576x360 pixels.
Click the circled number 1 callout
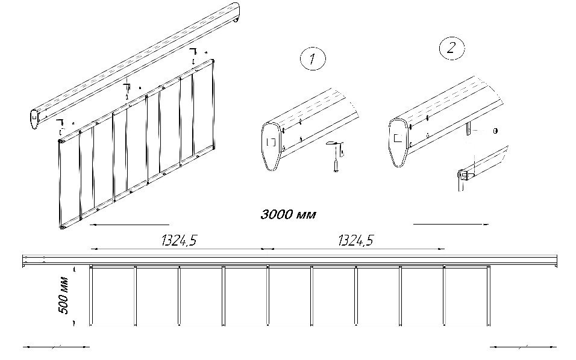coord(313,59)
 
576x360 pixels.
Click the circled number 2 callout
coord(451,48)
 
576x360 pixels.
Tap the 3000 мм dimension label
coord(288,214)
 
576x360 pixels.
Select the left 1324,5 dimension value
coord(179,240)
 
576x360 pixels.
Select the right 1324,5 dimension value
coord(355,240)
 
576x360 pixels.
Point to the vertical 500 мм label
coord(64,295)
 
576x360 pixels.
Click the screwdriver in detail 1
coord(336,157)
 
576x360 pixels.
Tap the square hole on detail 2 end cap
coord(398,138)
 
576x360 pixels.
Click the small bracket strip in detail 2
coord(469,129)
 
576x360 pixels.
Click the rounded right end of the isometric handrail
coord(236,13)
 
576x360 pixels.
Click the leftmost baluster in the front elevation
coord(91,296)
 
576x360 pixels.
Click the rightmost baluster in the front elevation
coord(489,296)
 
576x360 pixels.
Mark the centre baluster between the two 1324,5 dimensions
coord(268,296)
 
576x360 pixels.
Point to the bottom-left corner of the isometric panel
coord(61,228)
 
